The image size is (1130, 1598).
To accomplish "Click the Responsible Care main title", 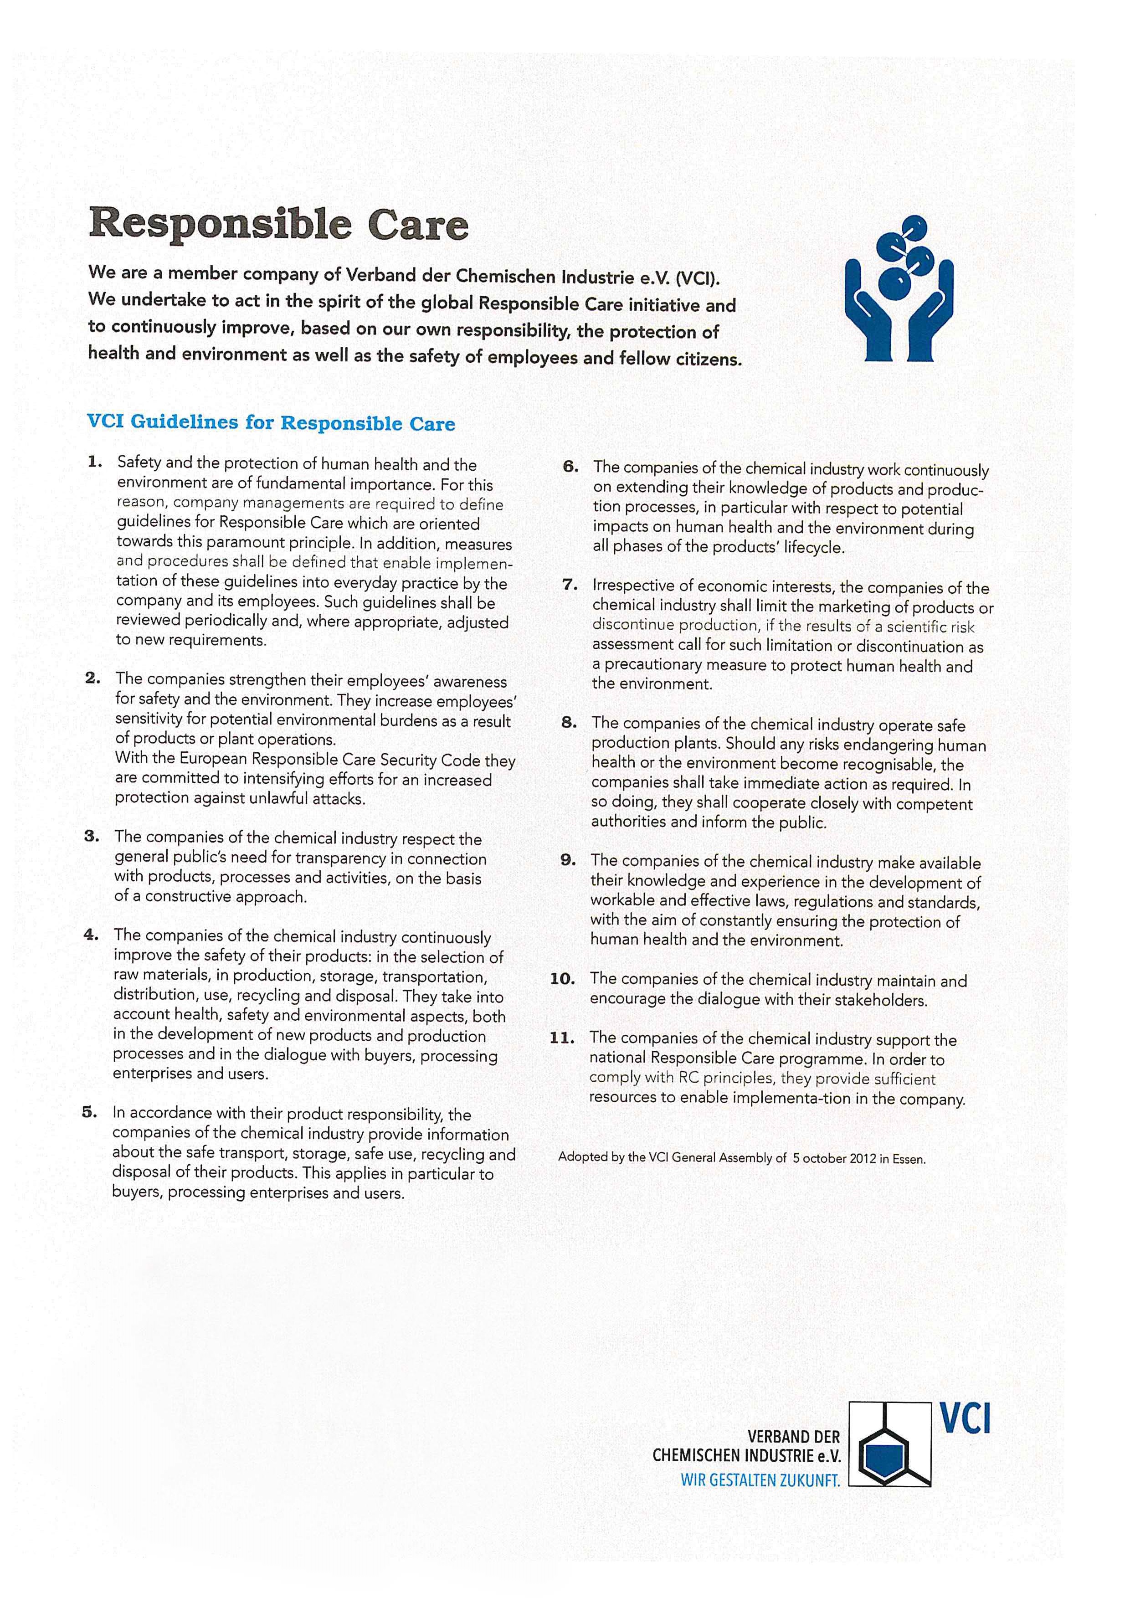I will (x=278, y=224).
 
